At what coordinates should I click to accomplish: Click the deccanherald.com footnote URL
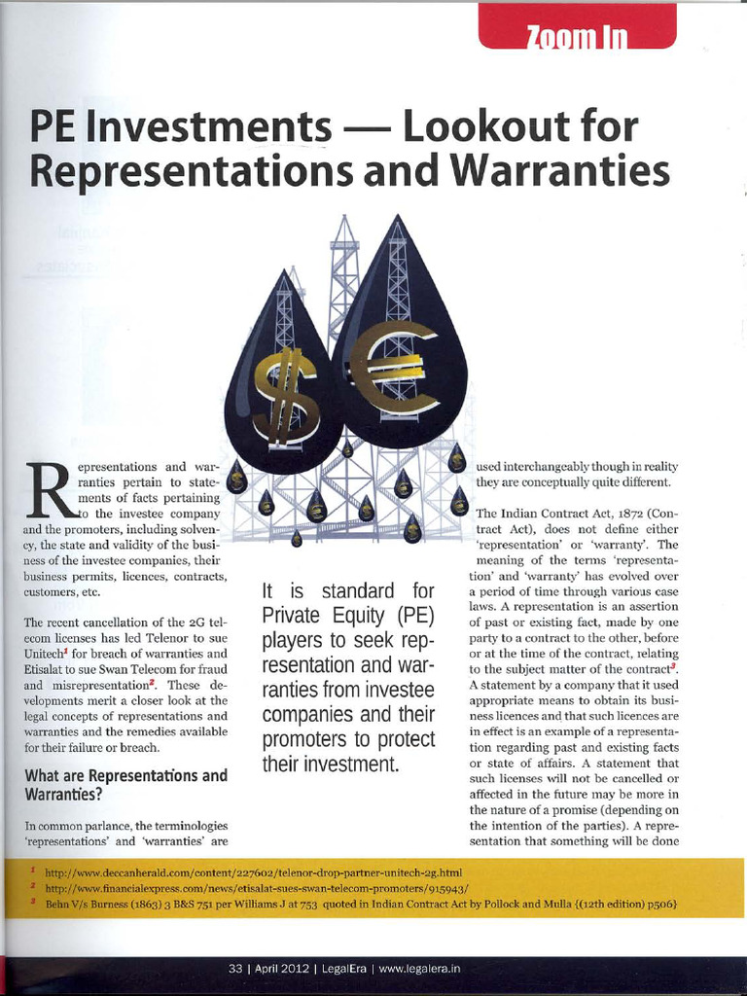pos(253,871)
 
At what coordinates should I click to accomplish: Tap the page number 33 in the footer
pos(234,969)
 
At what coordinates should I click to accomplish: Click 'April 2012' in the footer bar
pos(282,969)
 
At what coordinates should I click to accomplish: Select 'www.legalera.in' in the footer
pos(419,969)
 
